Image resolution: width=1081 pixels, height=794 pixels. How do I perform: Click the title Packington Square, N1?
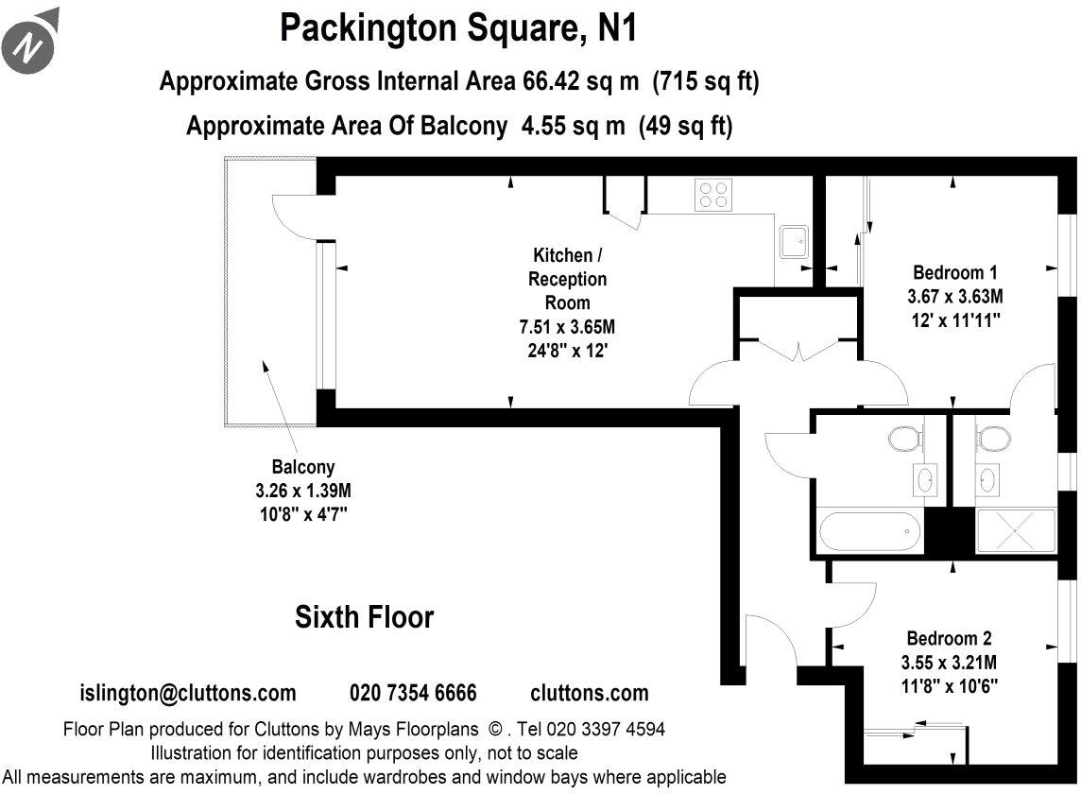click(x=458, y=28)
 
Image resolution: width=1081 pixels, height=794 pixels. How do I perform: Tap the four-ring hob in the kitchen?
click(x=713, y=195)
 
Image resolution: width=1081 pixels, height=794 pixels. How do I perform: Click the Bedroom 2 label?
click(x=949, y=638)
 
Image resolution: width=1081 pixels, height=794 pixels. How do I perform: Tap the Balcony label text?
click(x=302, y=467)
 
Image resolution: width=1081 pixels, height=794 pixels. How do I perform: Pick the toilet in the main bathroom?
click(x=903, y=440)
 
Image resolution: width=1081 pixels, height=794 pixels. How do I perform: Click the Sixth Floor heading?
click(x=364, y=618)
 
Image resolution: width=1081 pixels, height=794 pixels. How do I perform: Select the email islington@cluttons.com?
click(x=188, y=693)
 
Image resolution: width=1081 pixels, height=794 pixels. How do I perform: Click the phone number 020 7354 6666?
click(x=413, y=693)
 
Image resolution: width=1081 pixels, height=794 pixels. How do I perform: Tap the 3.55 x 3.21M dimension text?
click(x=949, y=662)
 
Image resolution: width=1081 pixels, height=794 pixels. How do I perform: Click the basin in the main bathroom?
click(x=923, y=479)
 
